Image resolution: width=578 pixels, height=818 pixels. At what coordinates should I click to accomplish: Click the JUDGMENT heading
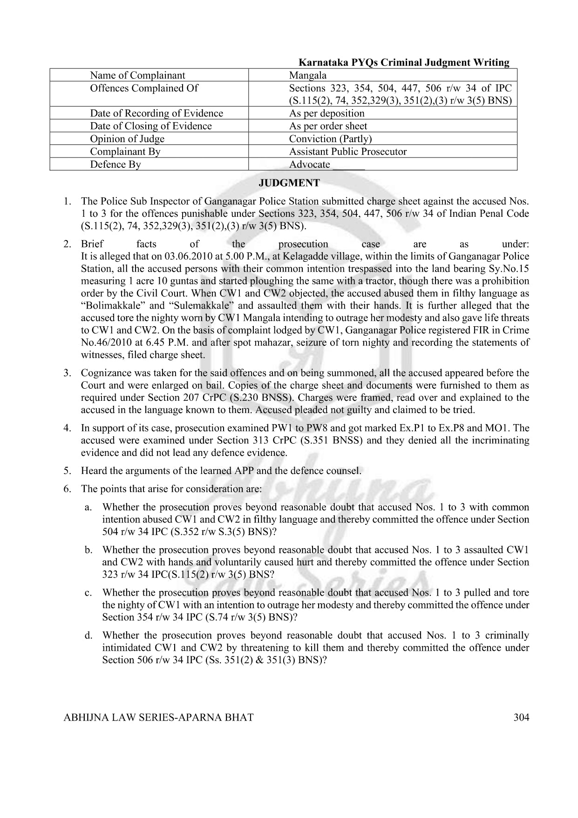click(x=289, y=183)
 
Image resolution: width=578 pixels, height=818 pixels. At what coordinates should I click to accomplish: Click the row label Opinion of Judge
click(x=127, y=139)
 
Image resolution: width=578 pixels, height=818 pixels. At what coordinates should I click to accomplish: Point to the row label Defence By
click(x=115, y=164)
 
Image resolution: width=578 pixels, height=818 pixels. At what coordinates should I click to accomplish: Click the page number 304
click(x=521, y=717)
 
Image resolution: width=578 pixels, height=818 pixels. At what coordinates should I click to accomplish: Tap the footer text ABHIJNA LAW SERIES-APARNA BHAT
click(x=158, y=717)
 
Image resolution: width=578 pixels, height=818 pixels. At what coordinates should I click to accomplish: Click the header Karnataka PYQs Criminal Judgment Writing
click(x=403, y=62)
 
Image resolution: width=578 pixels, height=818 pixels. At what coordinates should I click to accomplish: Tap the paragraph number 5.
click(x=68, y=471)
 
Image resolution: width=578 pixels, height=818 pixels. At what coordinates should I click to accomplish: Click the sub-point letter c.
click(x=88, y=593)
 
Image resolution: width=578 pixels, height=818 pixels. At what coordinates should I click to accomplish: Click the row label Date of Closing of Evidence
click(x=150, y=126)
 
